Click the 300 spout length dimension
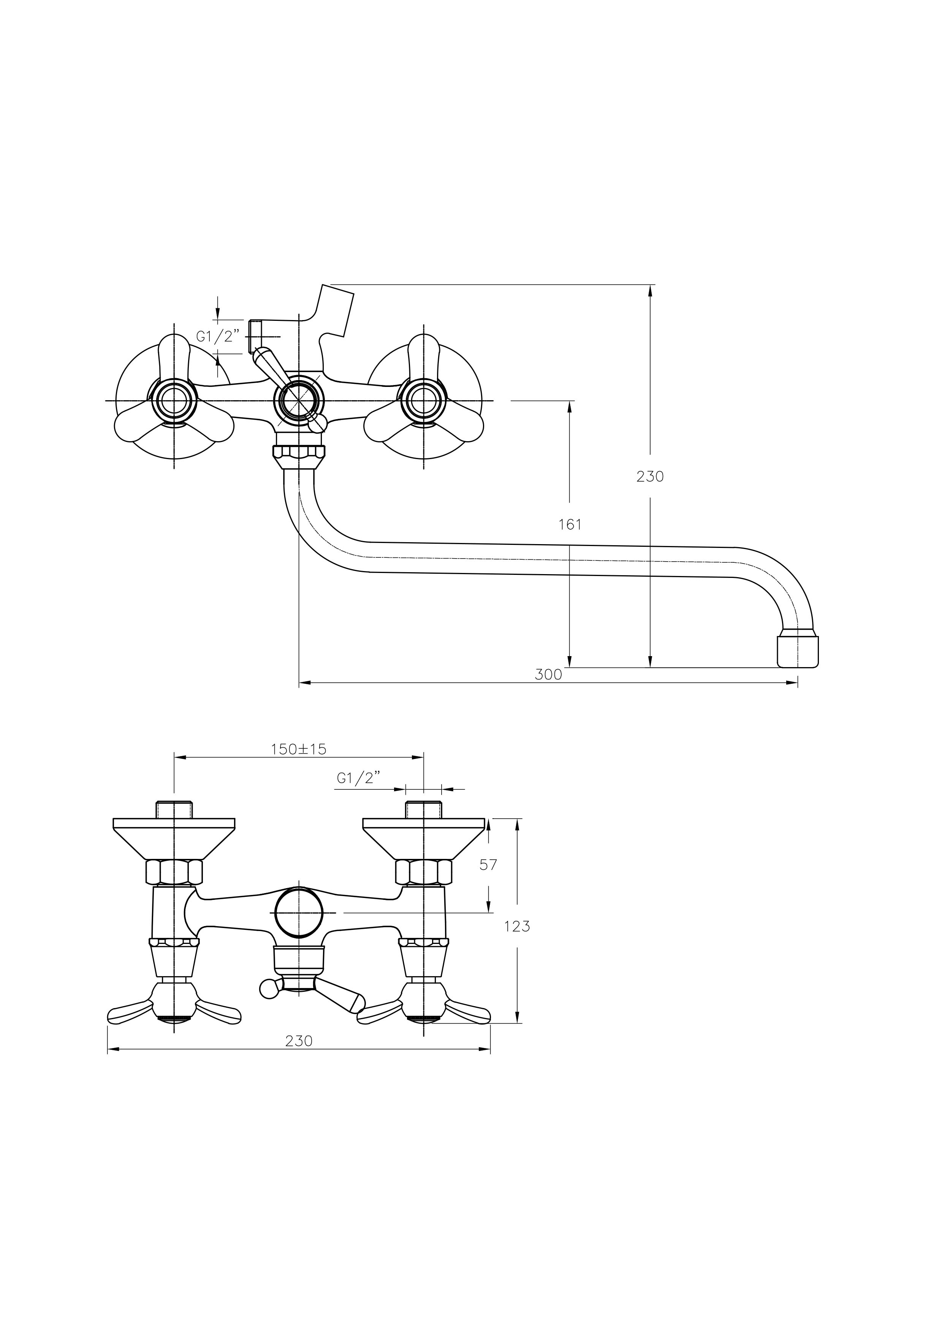point(548,675)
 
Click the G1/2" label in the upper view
point(218,336)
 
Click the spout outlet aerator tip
point(798,652)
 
